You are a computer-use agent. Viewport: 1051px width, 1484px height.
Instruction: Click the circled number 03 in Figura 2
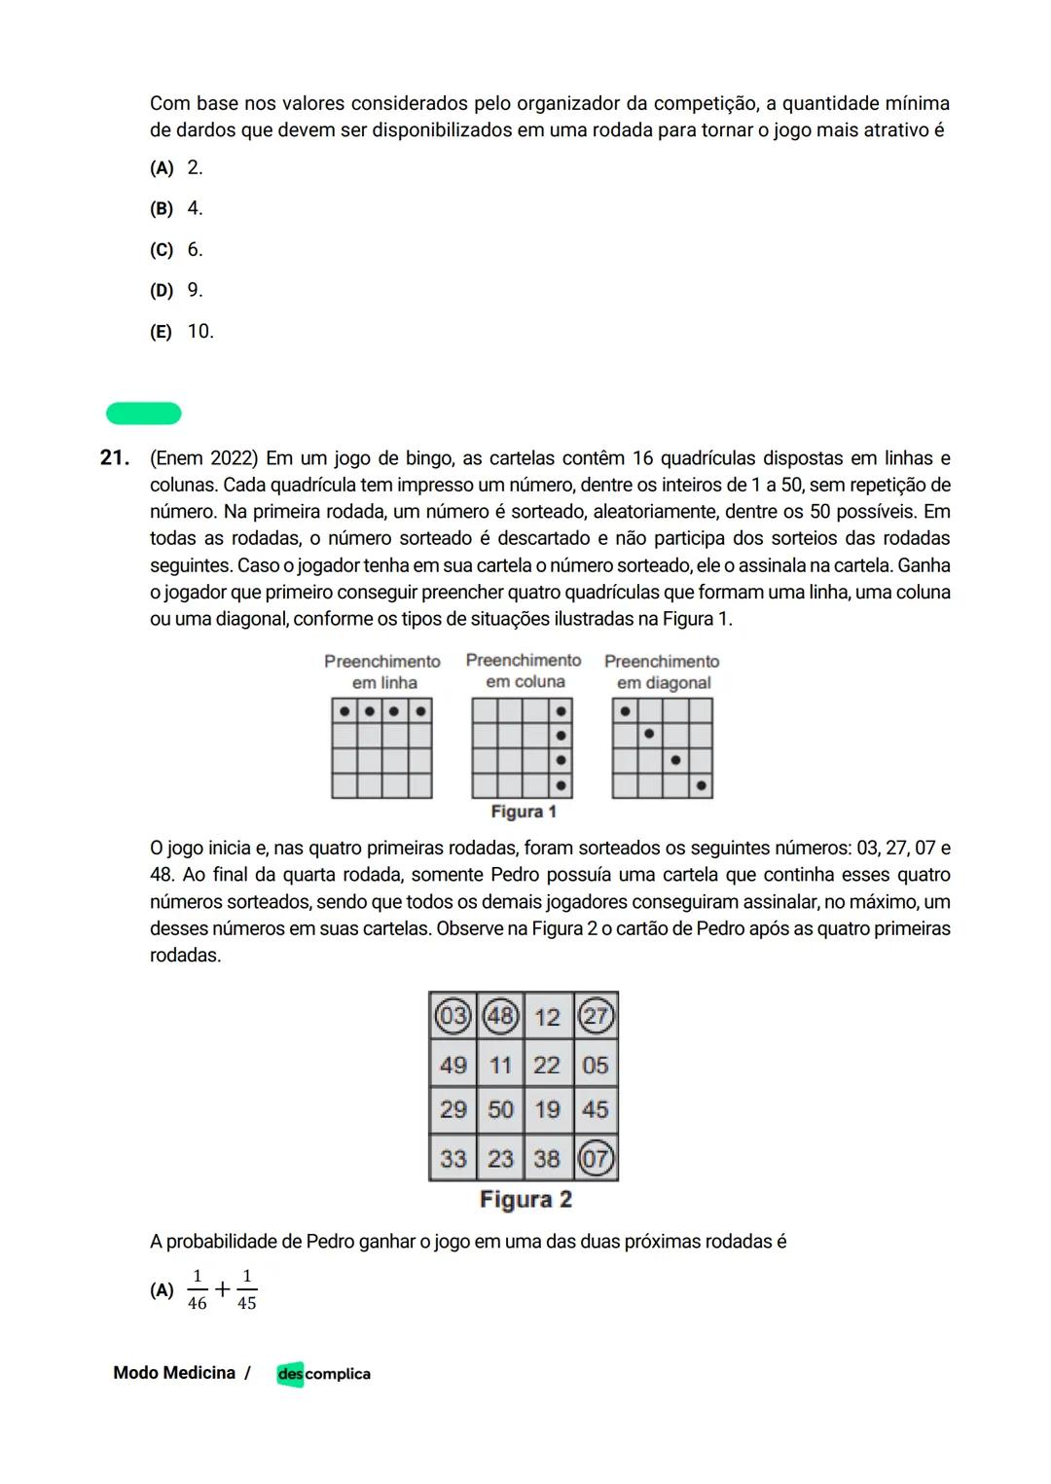(x=453, y=1017)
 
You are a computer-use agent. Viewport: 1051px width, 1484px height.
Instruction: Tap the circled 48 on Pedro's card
(x=500, y=1017)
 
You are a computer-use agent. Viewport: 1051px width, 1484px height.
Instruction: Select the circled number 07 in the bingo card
(x=595, y=1158)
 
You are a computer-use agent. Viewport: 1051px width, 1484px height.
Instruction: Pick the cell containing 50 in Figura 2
(x=500, y=1109)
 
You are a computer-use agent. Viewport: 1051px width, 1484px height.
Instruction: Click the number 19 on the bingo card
(x=547, y=1109)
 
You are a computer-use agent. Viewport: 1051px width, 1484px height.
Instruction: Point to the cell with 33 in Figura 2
(x=453, y=1158)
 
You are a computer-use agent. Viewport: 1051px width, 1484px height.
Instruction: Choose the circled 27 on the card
(x=595, y=1017)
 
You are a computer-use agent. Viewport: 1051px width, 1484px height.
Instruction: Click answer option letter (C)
(x=162, y=250)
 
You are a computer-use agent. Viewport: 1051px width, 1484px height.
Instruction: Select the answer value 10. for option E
(x=200, y=332)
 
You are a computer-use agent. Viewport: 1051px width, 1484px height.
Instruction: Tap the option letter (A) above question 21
(x=162, y=168)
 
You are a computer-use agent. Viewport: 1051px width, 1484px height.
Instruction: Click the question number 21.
(x=115, y=458)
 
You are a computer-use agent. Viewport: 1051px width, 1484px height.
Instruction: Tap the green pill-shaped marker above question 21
(x=144, y=414)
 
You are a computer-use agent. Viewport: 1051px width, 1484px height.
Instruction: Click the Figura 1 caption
(x=524, y=812)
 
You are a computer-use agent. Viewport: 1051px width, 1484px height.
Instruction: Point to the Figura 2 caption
(x=525, y=1200)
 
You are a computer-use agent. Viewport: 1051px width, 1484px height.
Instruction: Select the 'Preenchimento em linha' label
(x=382, y=671)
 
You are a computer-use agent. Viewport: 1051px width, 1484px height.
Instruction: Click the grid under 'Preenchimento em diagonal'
(x=663, y=748)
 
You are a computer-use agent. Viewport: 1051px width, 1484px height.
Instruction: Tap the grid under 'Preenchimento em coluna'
(x=523, y=748)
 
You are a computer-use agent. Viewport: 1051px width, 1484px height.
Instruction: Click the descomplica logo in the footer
(x=323, y=1374)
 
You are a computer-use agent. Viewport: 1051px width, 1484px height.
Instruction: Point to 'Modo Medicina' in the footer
(x=174, y=1373)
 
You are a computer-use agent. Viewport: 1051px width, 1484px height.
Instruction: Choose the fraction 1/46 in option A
(x=198, y=1290)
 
